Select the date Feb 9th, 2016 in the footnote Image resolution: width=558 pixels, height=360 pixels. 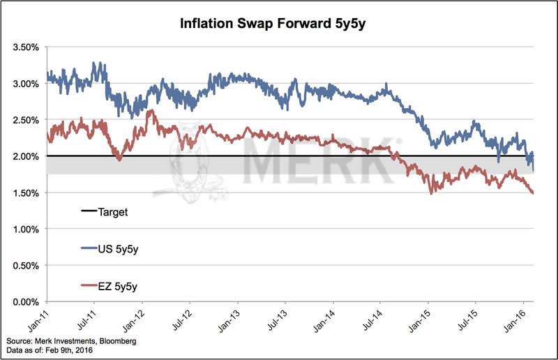pos(73,350)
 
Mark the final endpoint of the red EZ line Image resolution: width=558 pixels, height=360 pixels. pos(534,193)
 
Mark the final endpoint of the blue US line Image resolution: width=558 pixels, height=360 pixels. pos(534,170)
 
